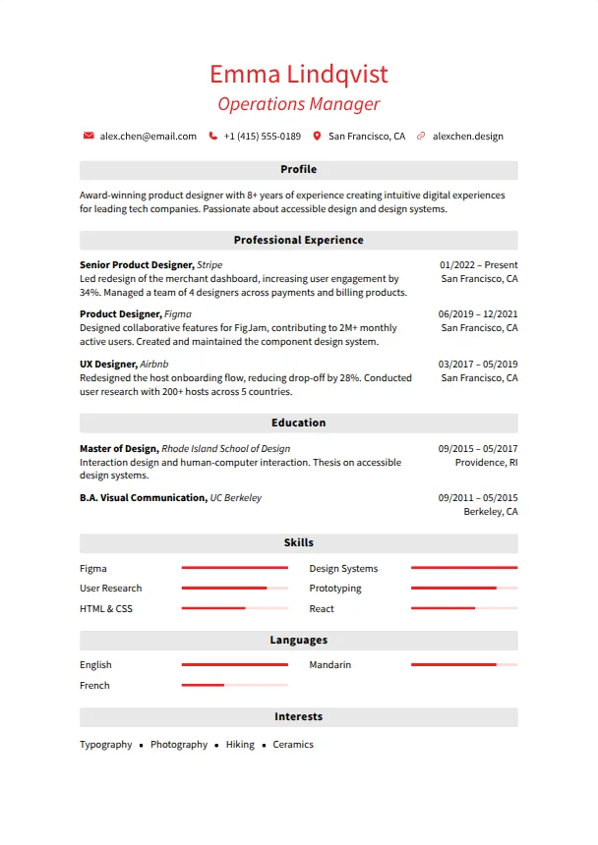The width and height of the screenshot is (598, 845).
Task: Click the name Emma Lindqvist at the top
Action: pos(298,74)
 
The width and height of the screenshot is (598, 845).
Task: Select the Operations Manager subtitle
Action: pos(298,104)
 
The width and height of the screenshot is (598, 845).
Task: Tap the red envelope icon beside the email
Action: pos(89,137)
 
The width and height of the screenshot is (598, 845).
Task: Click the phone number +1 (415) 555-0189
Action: pos(262,137)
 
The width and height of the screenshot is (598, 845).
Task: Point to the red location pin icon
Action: pos(317,137)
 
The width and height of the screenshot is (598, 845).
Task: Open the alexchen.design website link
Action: pos(467,137)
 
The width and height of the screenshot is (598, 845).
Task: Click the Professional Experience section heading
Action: pos(298,240)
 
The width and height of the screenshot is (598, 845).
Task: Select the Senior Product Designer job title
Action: pos(136,265)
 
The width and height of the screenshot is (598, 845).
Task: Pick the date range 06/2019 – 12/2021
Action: pos(478,314)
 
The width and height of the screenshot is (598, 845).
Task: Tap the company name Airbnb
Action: pos(154,365)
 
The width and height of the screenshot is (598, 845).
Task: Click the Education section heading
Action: pos(298,422)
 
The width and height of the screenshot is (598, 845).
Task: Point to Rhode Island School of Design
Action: pos(225,449)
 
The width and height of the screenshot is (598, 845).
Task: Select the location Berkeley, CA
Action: pos(491,512)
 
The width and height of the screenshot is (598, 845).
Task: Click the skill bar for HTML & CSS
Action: pos(235,608)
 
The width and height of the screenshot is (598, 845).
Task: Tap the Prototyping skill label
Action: pos(335,589)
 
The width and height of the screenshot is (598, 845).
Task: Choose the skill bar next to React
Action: pos(463,608)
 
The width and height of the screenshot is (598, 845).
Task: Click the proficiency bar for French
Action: pos(235,685)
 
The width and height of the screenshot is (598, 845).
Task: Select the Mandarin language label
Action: pos(329,665)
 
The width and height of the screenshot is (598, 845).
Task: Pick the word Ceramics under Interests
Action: pos(293,745)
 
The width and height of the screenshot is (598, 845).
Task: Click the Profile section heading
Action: pos(298,169)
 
